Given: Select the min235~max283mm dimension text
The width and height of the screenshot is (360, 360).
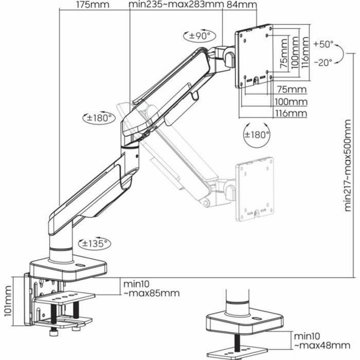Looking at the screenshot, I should [x=175, y=5].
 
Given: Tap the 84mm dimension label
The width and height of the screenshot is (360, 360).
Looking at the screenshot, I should [x=242, y=5].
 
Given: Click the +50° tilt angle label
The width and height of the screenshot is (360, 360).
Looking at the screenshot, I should [x=324, y=45].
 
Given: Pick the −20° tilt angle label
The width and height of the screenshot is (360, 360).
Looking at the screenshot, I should [x=324, y=63].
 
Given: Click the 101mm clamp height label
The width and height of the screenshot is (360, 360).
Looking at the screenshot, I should [x=7, y=304].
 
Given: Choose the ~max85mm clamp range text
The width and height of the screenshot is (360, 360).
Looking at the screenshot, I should [x=151, y=293].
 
